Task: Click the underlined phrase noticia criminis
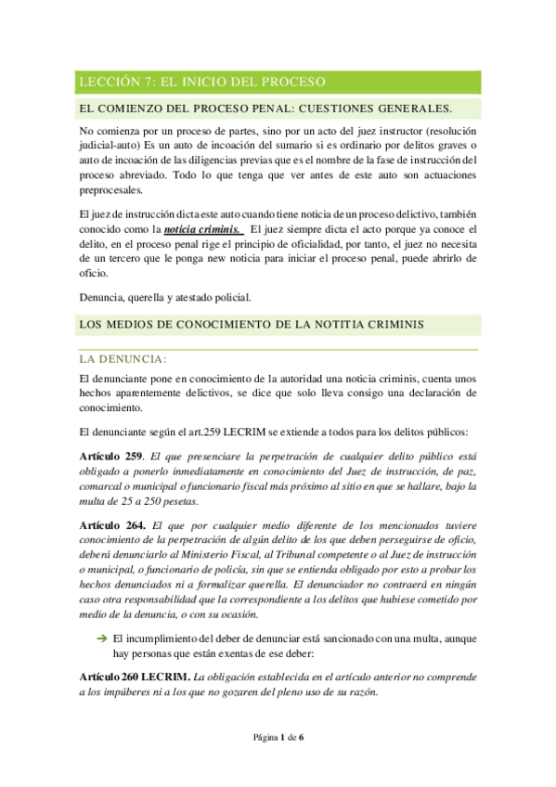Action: coord(201,228)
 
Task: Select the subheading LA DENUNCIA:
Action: coord(123,358)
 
